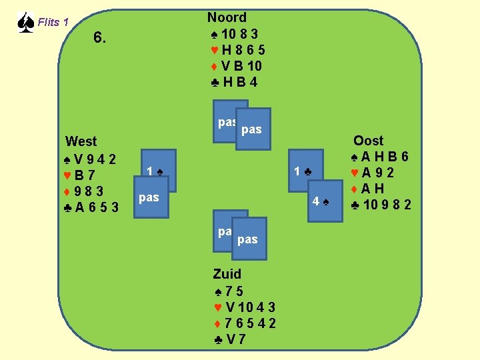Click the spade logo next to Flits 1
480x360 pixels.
(x=25, y=23)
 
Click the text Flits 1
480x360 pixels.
(x=53, y=23)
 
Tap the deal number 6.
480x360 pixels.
(x=99, y=38)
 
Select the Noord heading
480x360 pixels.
(x=227, y=18)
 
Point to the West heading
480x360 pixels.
(x=81, y=141)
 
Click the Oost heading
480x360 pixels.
(x=369, y=141)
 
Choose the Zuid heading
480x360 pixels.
(x=227, y=273)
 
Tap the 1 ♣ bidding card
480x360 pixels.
(x=303, y=171)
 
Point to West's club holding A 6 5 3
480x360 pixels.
(x=93, y=207)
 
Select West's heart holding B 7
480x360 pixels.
(x=80, y=175)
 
